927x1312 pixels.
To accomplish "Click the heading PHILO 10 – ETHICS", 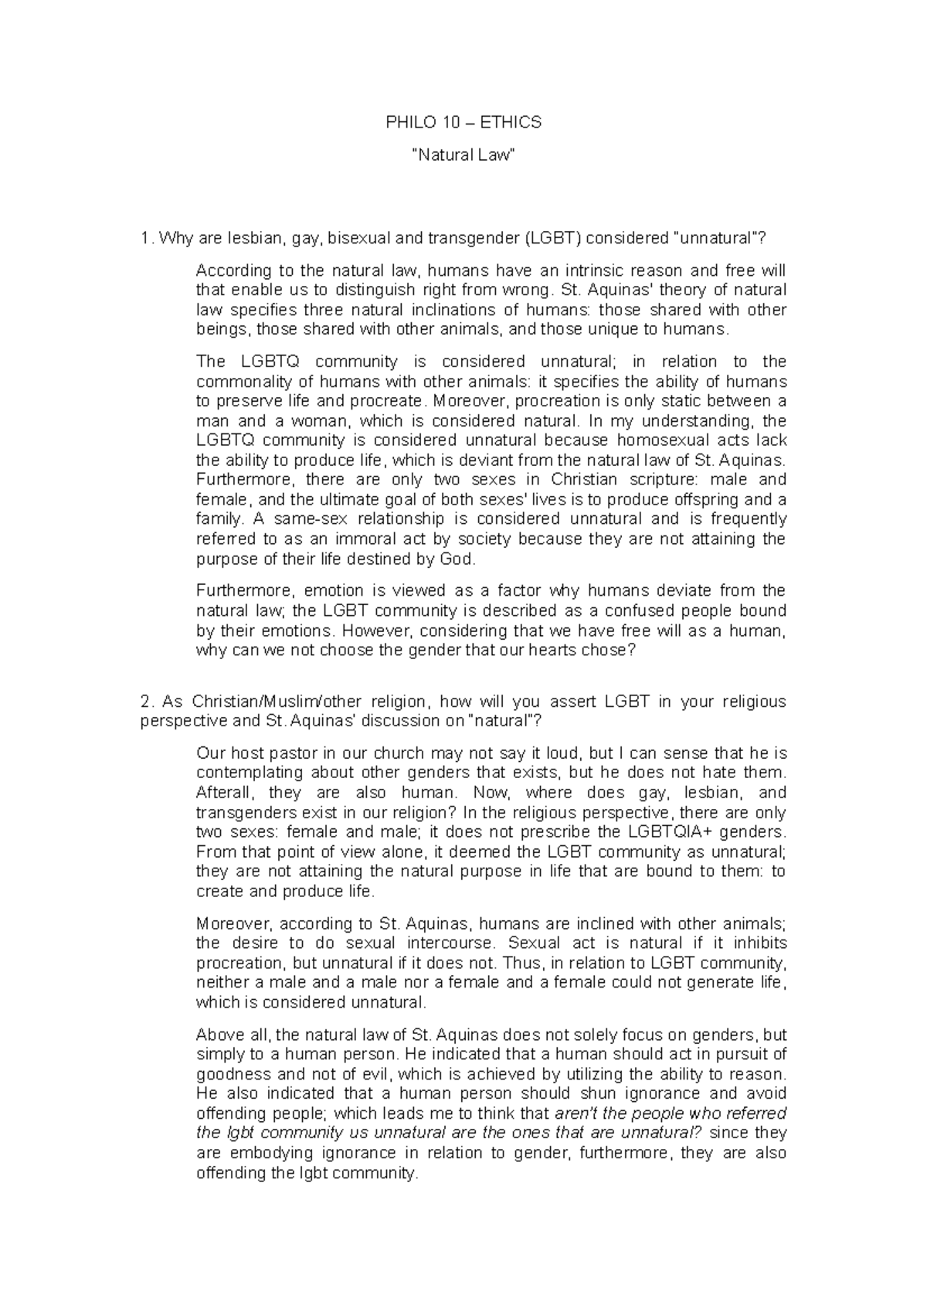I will point(463,122).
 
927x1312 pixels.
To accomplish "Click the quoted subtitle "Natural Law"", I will point(463,155).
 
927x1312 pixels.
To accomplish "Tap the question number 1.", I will point(145,239).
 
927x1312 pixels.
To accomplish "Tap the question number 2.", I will point(146,702).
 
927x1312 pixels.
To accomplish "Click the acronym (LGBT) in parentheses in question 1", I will point(552,239).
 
